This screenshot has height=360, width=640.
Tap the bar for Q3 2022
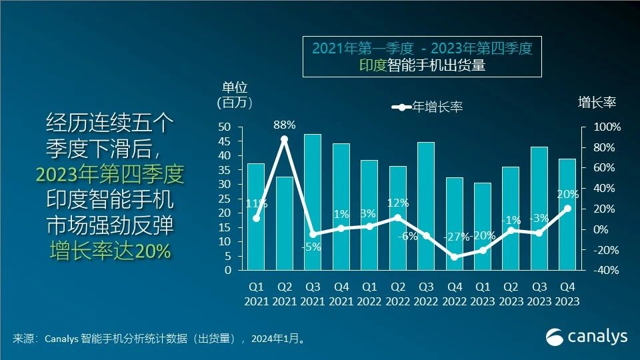(x=426, y=206)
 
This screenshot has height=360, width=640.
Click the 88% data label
(x=285, y=125)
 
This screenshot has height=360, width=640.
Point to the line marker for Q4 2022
(x=455, y=257)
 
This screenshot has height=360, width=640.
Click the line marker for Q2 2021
(x=285, y=139)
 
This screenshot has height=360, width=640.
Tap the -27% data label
(x=455, y=237)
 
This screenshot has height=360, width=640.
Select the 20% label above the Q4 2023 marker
(x=567, y=194)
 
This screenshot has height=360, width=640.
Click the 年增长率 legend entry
(x=427, y=107)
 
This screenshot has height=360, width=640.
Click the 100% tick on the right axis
(x=607, y=127)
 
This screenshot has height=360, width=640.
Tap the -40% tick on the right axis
(x=607, y=271)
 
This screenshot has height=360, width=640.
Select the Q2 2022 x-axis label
(x=398, y=293)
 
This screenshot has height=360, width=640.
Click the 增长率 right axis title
(x=597, y=102)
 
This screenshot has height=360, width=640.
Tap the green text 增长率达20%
(x=110, y=250)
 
